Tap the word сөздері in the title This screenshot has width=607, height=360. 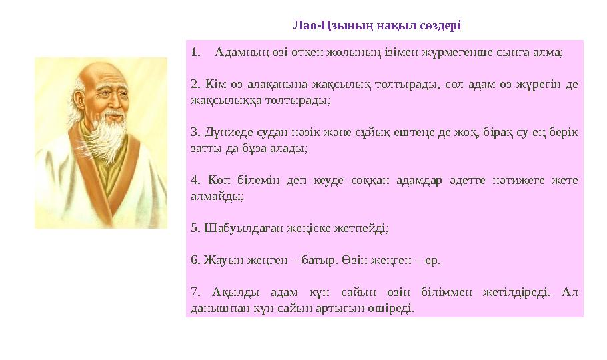pyautogui.click(x=442, y=26)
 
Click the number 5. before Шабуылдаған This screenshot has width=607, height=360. pyautogui.click(x=195, y=228)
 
